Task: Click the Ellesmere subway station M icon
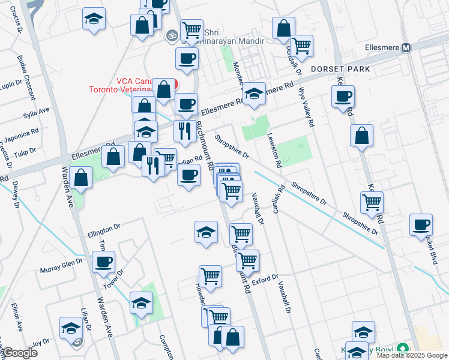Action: (406, 47)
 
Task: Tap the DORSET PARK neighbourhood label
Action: (340, 69)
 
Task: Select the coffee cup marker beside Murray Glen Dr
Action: (104, 262)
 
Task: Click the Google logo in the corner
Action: (20, 353)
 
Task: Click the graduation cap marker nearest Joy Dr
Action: (71, 328)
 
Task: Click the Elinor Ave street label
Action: (16, 317)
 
